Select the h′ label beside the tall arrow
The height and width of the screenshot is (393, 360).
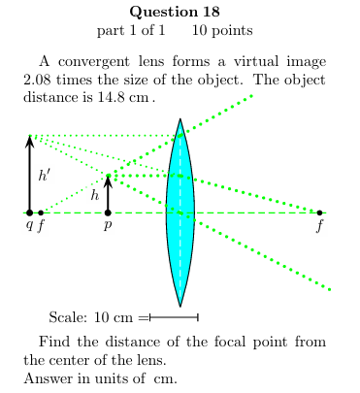[45, 176]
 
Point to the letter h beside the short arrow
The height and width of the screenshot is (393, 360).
[95, 195]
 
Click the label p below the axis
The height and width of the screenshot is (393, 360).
[108, 225]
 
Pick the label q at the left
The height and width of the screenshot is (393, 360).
[29, 225]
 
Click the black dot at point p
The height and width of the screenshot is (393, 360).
[108, 212]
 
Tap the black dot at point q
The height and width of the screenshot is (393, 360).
[29, 212]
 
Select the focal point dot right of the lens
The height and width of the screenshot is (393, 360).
[319, 212]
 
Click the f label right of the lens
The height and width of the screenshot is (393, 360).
[320, 226]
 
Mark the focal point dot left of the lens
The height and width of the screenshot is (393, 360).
[41, 212]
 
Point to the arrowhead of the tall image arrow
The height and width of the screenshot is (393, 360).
[29, 140]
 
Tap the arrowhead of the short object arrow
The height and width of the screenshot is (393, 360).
[108, 180]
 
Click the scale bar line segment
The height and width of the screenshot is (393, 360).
[175, 317]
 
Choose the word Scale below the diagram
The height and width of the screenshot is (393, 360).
[67, 317]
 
